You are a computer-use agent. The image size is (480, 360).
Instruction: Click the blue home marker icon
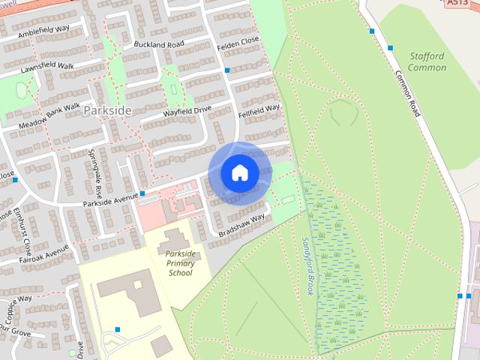239,173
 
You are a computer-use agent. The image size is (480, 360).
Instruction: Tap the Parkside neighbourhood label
107,110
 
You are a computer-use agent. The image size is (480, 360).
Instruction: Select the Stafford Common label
427,61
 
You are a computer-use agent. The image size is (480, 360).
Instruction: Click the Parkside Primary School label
180,263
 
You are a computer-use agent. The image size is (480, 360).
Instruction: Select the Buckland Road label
158,45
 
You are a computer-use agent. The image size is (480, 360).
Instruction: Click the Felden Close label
238,40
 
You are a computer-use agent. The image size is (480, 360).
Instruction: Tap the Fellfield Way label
259,112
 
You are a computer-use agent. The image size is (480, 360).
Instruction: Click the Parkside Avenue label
109,199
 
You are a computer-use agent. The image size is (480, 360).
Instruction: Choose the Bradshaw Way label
242,226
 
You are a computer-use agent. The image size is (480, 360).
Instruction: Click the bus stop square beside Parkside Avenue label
142,193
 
